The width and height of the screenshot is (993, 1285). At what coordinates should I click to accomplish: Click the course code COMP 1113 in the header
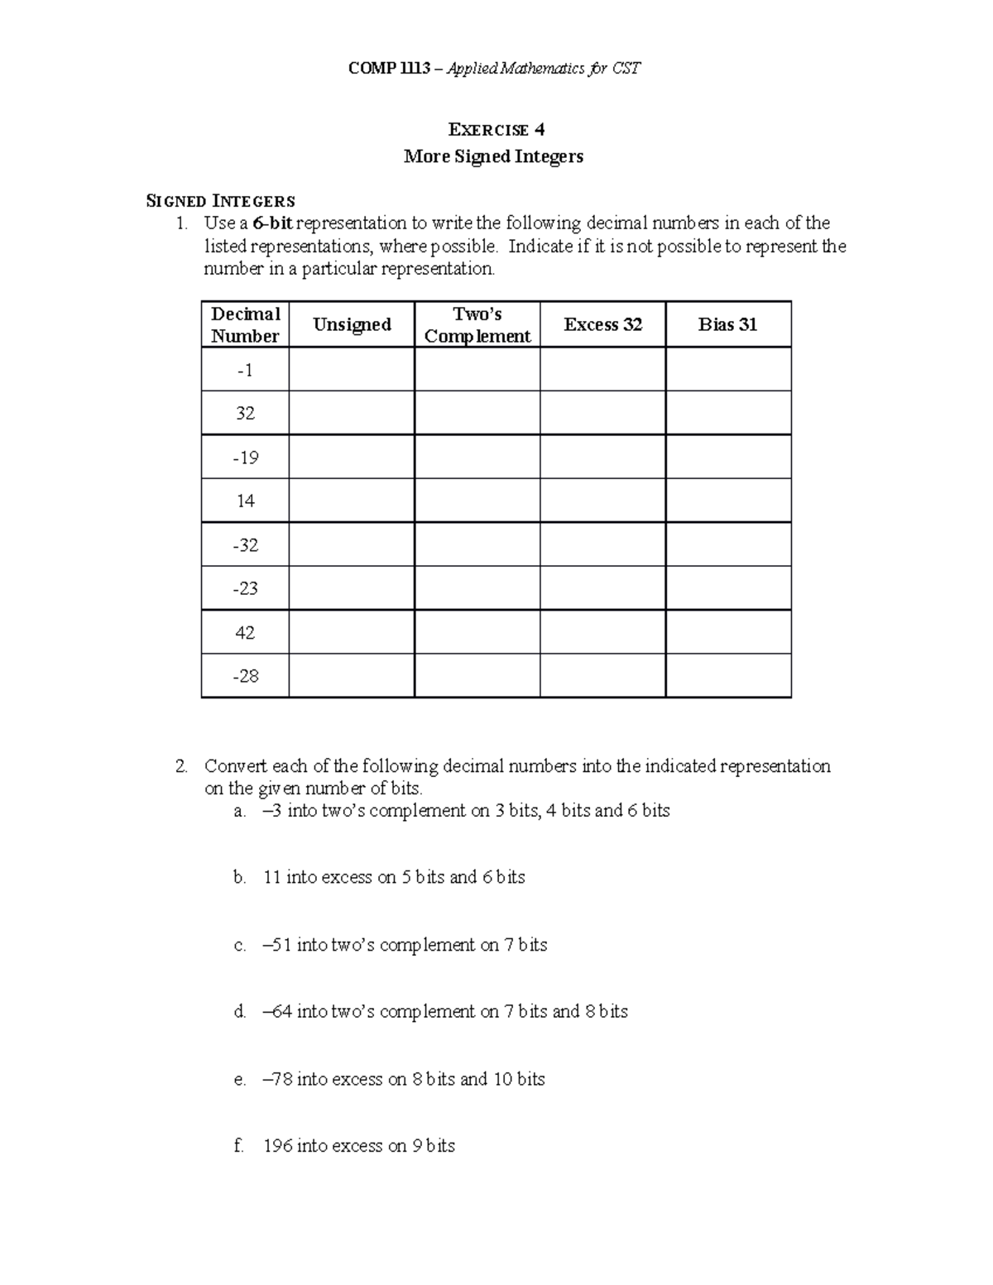coord(390,69)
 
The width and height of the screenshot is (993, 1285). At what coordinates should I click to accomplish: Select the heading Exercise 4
coord(496,130)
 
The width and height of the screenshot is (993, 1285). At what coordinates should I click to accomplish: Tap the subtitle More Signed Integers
coord(493,156)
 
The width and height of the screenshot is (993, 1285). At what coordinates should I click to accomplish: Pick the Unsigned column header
coord(352,324)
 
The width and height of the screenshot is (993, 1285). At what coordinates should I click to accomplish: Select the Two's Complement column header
coord(477,324)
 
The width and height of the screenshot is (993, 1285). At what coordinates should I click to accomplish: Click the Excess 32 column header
coord(602,324)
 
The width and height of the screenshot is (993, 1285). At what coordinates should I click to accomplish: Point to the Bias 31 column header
coord(727,324)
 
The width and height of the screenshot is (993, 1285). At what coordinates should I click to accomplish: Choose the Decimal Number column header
coord(245,324)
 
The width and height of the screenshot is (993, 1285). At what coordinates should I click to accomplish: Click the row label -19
coord(245,458)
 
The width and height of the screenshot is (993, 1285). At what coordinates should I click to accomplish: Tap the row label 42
coord(245,633)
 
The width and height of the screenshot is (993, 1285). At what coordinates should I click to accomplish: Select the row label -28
coord(245,676)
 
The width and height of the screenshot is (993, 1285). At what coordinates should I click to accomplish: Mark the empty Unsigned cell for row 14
coord(352,501)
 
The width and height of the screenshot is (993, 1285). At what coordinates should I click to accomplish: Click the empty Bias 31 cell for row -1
coord(728,369)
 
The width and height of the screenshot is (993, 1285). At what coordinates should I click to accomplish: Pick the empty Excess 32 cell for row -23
coord(602,588)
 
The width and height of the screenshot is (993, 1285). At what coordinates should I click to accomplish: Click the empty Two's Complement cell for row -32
coord(477,544)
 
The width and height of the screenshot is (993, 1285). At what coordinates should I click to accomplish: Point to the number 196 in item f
coord(277,1146)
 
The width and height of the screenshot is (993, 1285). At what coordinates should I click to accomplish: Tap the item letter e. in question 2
coord(240,1080)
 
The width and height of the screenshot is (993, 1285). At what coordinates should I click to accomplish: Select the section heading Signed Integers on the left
coord(220,201)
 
